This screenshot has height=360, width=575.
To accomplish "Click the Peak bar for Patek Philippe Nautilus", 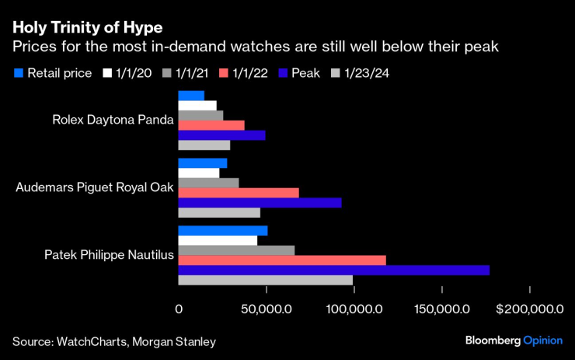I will pyautogui.click(x=334, y=270).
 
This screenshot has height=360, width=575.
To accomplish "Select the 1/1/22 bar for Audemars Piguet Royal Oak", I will pyautogui.click(x=239, y=193).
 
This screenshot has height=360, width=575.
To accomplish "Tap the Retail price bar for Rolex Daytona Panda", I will pyautogui.click(x=191, y=95).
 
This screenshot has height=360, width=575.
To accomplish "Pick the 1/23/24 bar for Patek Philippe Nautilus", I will pyautogui.click(x=266, y=280).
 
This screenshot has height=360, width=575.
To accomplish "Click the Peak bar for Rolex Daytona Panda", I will pyautogui.click(x=221, y=135).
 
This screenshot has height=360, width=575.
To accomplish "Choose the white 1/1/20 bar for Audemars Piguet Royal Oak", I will pyautogui.click(x=199, y=173).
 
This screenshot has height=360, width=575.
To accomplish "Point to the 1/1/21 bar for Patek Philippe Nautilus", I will pyautogui.click(x=236, y=250).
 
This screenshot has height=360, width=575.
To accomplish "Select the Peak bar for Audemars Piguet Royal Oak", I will pyautogui.click(x=260, y=203).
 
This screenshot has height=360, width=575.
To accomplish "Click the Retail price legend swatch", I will pyautogui.click(x=19, y=74).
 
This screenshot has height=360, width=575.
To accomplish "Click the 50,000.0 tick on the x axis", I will pyautogui.click(x=266, y=309).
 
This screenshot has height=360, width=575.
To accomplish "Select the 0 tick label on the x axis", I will pyautogui.click(x=179, y=309).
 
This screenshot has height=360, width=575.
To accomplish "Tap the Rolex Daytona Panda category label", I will pyautogui.click(x=113, y=120).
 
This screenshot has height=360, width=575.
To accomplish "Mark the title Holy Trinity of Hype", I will pyautogui.click(x=87, y=28).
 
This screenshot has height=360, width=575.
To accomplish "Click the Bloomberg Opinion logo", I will pyautogui.click(x=514, y=341).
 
